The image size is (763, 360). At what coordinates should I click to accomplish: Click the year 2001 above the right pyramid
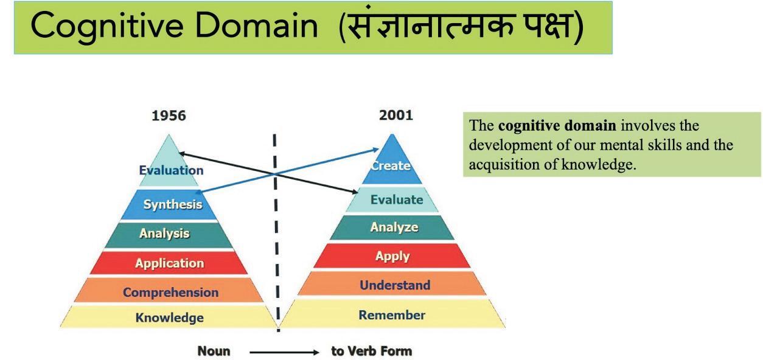pos(395,115)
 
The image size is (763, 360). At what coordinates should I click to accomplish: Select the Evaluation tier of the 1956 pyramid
pos(171,170)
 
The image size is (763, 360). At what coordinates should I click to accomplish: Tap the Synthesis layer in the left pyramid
pos(172,204)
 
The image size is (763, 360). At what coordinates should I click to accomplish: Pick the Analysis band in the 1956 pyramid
pos(164,234)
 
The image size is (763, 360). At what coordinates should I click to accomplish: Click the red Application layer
pos(169,263)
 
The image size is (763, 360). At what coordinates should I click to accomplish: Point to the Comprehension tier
pos(170,292)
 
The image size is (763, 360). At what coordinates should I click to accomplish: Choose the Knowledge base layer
pos(169,317)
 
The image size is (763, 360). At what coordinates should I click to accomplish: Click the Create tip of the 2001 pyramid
pos(391,165)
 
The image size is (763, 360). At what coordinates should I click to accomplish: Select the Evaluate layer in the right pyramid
pos(396,199)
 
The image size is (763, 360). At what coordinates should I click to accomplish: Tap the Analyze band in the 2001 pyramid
pos(394,227)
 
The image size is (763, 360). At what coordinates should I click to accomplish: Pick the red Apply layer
pos(392,256)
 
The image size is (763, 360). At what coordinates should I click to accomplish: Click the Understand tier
pos(394,285)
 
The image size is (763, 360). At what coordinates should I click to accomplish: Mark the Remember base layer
pos(392,315)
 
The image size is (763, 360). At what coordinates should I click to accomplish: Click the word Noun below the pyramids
pos(214,351)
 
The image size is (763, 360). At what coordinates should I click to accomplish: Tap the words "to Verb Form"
pos(371,351)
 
